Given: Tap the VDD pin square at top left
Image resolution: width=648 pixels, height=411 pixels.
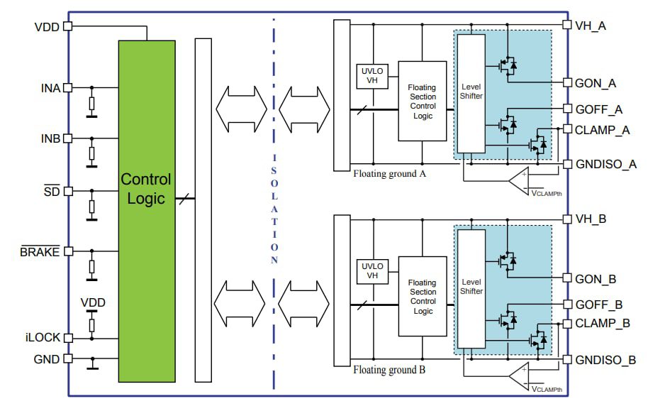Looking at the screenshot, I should click(68, 26).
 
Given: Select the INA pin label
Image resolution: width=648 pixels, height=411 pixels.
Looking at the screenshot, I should click(50, 88).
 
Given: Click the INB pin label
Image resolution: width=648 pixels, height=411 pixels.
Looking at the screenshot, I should click(50, 137).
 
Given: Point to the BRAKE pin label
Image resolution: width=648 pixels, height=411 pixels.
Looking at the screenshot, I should click(40, 251).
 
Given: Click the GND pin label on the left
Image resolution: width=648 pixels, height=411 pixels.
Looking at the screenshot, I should click(47, 359).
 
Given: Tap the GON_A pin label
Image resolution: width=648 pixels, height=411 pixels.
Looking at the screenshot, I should click(595, 83).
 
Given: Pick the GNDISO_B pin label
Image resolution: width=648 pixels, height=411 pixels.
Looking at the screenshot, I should click(605, 360).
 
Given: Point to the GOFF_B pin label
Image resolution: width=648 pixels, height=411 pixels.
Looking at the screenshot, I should click(598, 305).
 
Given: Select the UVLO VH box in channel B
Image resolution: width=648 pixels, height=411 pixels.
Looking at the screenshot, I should click(371, 270).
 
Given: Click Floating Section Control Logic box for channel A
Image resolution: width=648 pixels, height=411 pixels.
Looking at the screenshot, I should click(423, 101).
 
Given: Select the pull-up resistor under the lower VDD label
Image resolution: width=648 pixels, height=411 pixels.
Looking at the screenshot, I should click(91, 324).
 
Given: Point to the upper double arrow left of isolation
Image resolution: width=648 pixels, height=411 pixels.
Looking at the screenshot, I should click(242, 109).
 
